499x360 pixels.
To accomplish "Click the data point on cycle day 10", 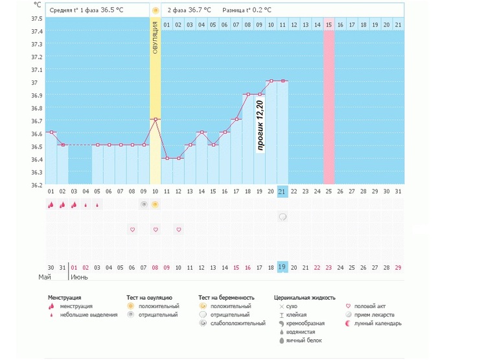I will click(155, 119).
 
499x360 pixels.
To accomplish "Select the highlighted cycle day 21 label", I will click(282, 191).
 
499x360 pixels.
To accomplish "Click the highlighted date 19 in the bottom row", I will click(282, 267).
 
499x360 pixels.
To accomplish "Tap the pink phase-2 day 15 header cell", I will click(329, 25).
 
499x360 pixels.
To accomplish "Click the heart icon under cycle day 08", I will click(132, 230).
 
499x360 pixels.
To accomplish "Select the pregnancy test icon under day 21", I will click(283, 217).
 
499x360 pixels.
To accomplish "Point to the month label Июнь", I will click(79, 277).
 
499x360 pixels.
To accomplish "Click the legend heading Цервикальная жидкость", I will click(305, 298).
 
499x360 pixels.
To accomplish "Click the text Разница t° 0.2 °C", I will click(247, 10).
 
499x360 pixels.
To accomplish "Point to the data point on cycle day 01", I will click(51, 132).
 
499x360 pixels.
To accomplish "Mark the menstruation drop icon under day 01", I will click(51, 205).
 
